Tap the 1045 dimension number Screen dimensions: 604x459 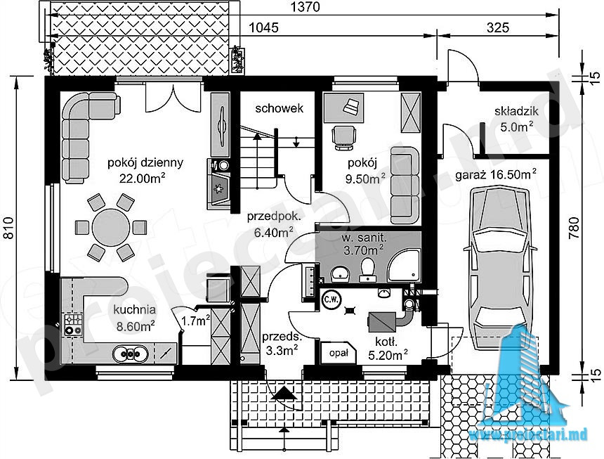click(264, 27)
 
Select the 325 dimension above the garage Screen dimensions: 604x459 click(498, 27)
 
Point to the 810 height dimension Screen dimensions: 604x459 click(8, 228)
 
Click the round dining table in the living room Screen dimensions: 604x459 click(111, 227)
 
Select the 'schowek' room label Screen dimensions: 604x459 click(280, 109)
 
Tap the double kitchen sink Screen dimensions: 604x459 click(130, 354)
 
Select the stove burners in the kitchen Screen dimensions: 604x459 click(73, 325)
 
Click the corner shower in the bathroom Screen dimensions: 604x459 click(404, 265)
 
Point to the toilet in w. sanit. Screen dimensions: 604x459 click(367, 269)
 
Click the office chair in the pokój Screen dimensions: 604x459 click(343, 138)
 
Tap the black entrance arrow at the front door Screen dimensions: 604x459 click(284, 393)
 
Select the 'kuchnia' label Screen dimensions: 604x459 click(135, 310)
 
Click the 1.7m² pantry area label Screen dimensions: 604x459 click(195, 320)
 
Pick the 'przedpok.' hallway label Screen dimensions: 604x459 click(273, 217)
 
